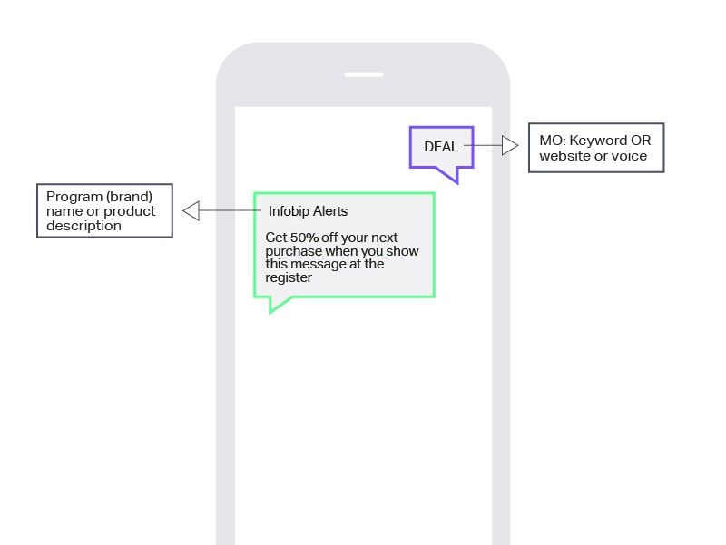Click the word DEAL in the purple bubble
pos(441,147)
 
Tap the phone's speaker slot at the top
pos(363,74)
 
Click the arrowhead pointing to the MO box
pos(510,146)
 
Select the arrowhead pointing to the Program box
pos(191,211)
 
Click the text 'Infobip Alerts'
pos(308,211)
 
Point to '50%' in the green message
pos(304,238)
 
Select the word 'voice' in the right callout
pos(629,156)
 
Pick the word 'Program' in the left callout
pos(73,196)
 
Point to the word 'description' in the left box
pos(83,226)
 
